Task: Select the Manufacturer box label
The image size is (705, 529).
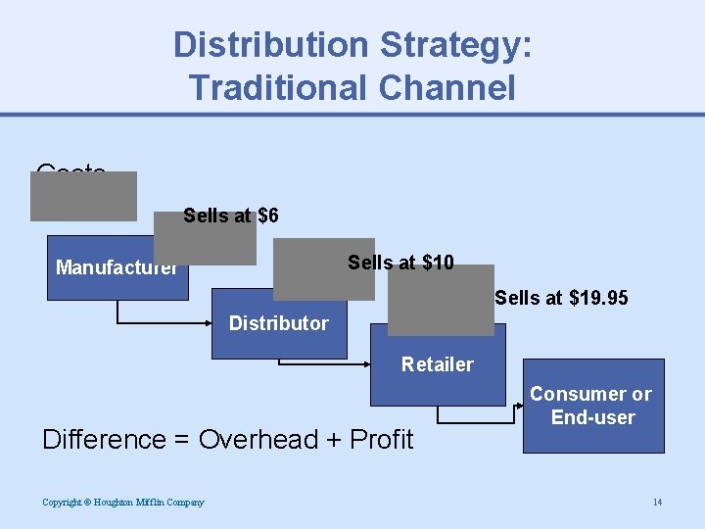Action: pyautogui.click(x=117, y=267)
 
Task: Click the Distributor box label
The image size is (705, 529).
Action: pyautogui.click(x=278, y=323)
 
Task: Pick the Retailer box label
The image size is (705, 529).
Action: pyautogui.click(x=437, y=364)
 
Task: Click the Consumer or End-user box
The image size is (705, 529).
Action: pyautogui.click(x=591, y=406)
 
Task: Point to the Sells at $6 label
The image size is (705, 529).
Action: pyautogui.click(x=231, y=216)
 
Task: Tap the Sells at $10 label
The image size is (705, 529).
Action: pyautogui.click(x=400, y=263)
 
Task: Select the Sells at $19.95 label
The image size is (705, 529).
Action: pyautogui.click(x=561, y=298)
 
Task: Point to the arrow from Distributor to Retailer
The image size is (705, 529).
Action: pyautogui.click(x=323, y=363)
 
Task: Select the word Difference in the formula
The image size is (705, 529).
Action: pyautogui.click(x=104, y=440)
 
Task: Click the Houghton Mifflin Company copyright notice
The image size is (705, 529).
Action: pyautogui.click(x=123, y=503)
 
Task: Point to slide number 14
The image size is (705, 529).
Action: pyautogui.click(x=657, y=503)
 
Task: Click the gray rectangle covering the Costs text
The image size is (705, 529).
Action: pyautogui.click(x=83, y=196)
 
